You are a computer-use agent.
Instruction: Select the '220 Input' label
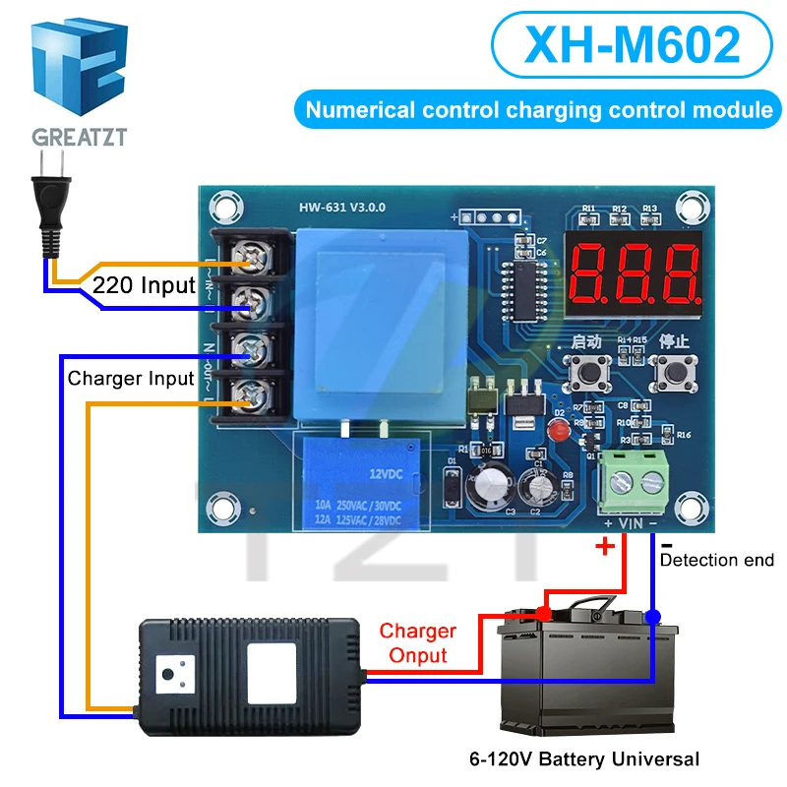145,287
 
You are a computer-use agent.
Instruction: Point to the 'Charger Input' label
131,378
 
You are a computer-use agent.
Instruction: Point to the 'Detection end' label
716,560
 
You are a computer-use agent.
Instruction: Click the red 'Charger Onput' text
418,642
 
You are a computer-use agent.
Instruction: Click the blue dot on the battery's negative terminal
654,617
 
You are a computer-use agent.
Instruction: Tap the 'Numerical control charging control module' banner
538,109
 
